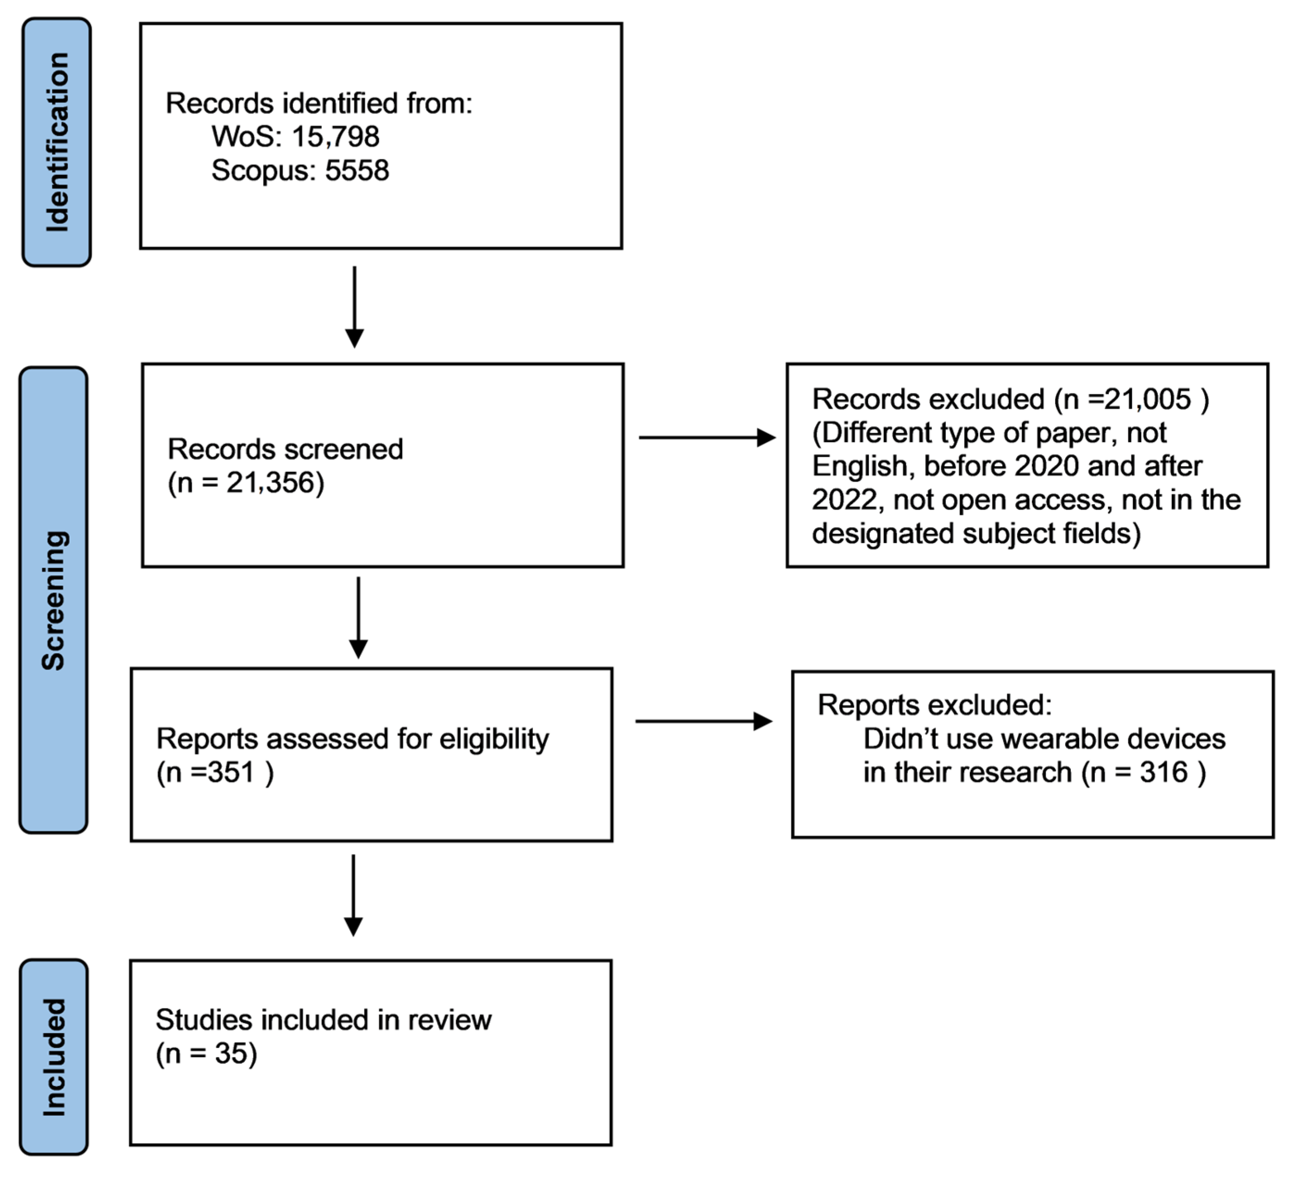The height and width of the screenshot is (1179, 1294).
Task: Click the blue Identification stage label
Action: coord(56,142)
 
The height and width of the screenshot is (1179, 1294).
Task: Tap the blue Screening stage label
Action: coord(54,600)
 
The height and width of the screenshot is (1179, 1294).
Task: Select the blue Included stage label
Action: coord(54,1057)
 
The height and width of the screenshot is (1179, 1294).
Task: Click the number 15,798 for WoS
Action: coord(335,137)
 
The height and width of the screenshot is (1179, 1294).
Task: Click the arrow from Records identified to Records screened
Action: coord(354,307)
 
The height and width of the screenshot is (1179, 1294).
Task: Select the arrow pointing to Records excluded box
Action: coord(706,438)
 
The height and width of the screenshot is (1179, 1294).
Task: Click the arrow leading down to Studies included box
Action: coord(353,895)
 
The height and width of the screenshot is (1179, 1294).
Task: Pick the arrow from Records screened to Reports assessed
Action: coord(358,618)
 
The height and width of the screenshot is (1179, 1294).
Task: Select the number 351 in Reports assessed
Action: coord(231,772)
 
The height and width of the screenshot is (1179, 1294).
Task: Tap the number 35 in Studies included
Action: coord(231,1053)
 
